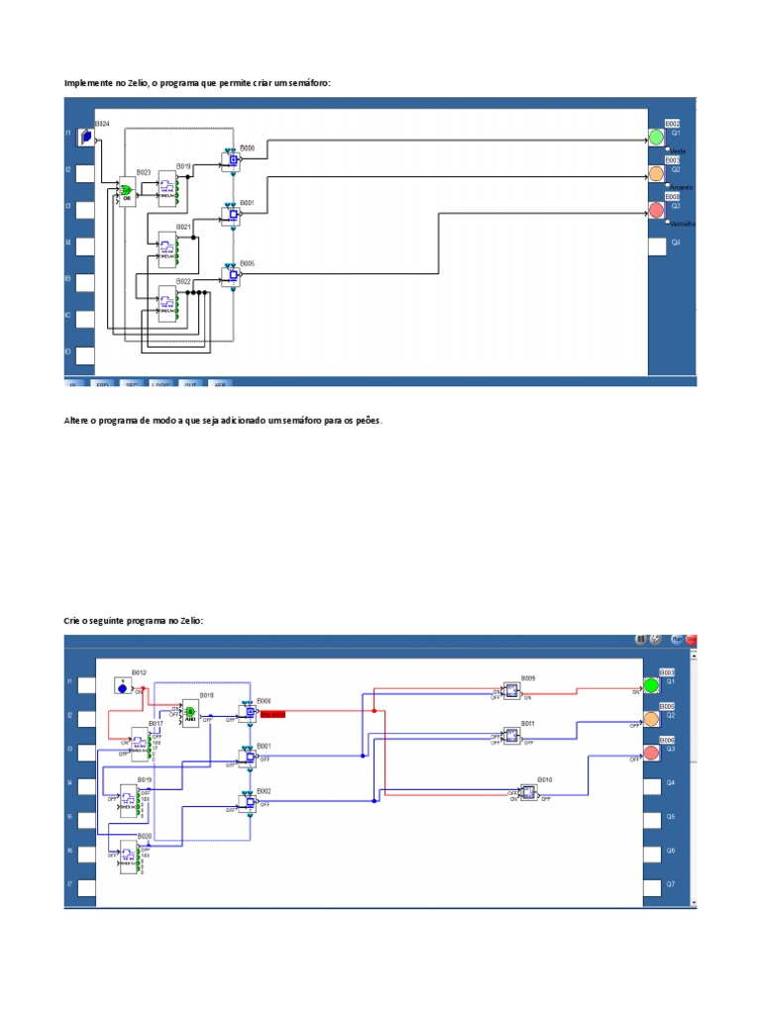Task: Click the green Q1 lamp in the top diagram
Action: coord(656,137)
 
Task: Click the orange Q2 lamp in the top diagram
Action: coord(656,174)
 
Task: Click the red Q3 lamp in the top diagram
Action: coord(656,210)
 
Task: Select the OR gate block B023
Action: coord(127,190)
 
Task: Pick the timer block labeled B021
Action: coord(167,248)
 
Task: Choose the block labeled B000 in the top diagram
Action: coord(231,160)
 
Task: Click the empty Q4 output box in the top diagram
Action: coord(658,247)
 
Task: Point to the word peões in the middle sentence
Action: coord(365,421)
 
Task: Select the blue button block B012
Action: coord(122,685)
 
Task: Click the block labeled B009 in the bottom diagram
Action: coord(511,690)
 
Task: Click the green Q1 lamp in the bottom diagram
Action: coord(651,685)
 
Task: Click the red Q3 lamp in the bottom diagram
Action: coord(651,754)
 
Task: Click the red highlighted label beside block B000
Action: coord(272,713)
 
